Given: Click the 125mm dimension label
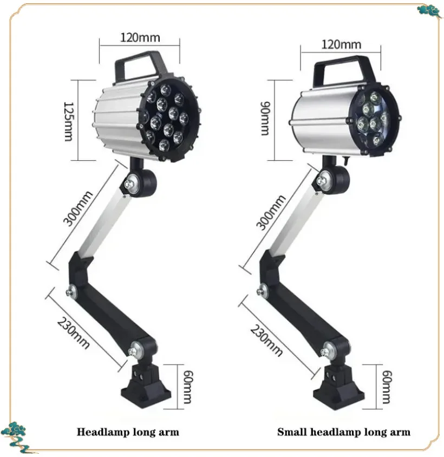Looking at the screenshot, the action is coord(69,121).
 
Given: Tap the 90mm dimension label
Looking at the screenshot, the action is coord(265,119).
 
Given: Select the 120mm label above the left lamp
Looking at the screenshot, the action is coord(140,37).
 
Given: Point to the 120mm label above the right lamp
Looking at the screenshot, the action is coord(341,44).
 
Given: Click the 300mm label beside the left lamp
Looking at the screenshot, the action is coord(78,208).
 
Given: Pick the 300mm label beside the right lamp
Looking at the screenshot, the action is coord(271,212).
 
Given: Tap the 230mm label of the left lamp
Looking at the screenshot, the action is coord(73,333).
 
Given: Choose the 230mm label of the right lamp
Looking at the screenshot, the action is coord(266,341).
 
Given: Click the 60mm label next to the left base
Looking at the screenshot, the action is coord(188,387).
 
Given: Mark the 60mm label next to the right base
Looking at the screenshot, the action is coord(387,387).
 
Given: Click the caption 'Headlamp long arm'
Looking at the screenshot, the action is coord(128,432).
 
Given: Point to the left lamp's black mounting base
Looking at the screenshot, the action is coord(146,385).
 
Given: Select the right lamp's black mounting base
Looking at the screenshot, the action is coord(338,387).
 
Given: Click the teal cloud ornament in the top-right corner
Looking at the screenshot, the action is coord(429,11).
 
